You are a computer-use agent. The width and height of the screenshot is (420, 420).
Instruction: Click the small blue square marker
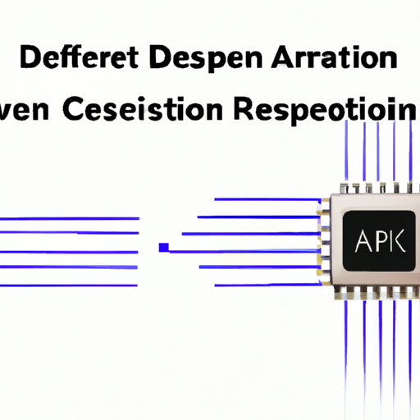click(x=164, y=246)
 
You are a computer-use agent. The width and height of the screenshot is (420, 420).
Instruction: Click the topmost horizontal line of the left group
click(x=69, y=218)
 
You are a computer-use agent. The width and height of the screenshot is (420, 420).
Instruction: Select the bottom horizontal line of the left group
click(x=69, y=285)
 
